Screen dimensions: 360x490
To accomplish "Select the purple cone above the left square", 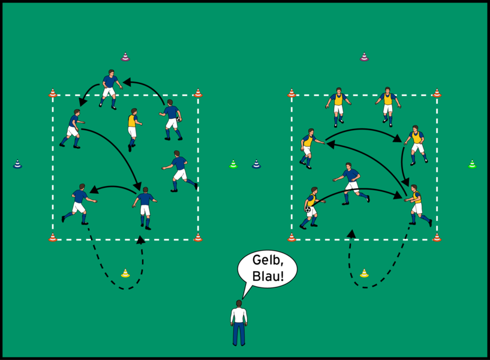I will [125, 57].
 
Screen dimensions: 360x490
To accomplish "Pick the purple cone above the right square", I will [364, 57].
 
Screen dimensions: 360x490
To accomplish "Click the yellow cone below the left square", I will [125, 274].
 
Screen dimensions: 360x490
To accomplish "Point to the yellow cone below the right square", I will [364, 274].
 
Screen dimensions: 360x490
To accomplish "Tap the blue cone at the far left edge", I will [17, 164].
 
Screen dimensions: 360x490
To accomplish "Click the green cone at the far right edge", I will [472, 164].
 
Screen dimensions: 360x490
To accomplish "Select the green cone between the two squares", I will [233, 164].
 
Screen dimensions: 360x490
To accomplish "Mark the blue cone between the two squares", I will [256, 164].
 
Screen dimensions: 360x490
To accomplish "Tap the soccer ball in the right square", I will [309, 210].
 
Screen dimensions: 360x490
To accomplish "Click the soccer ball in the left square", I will [179, 119].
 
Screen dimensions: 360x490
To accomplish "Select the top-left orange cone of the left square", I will [53, 93].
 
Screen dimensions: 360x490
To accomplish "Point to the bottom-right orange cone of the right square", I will [437, 238].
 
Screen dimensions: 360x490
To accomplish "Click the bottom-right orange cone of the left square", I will [198, 238].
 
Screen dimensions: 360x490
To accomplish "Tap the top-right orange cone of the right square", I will [437, 93].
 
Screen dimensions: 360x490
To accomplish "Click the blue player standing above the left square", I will [109, 88].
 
